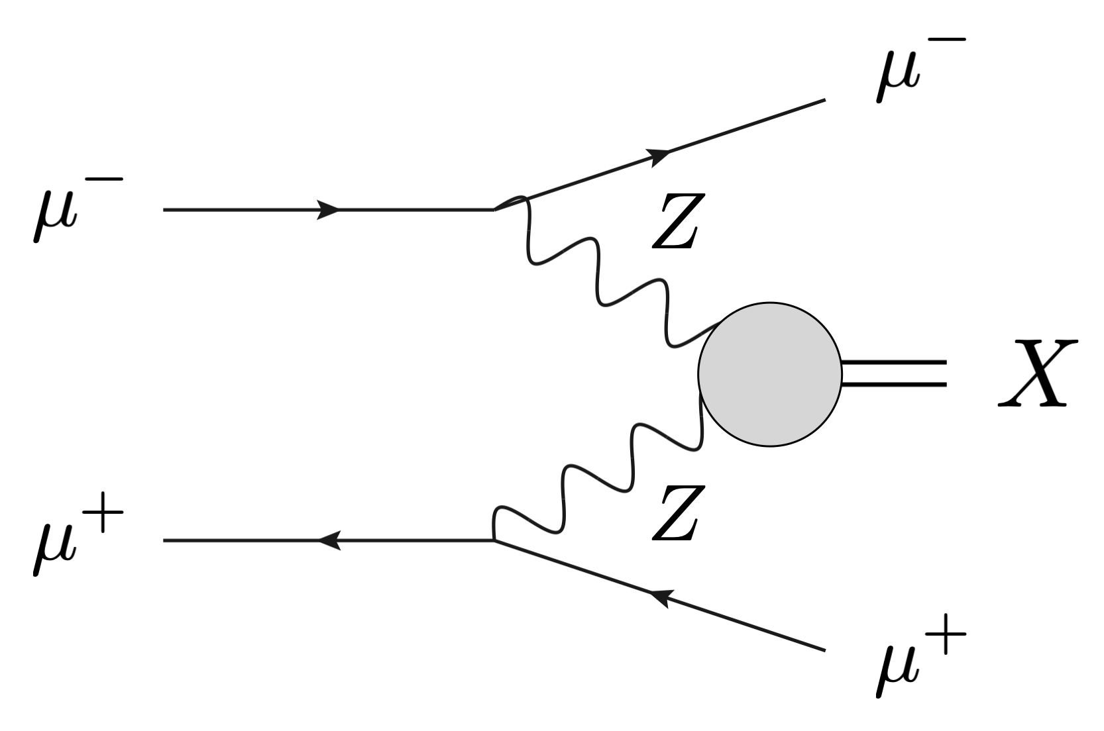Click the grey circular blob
pyautogui.click(x=769, y=374)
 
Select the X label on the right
pyautogui.click(x=1033, y=374)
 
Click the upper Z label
pyautogui.click(x=674, y=222)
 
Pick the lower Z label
pyautogui.click(x=674, y=514)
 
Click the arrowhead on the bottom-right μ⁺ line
pyautogui.click(x=659, y=597)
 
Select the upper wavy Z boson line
pyautogui.click(x=600, y=278)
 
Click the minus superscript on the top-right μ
pyautogui.click(x=942, y=39)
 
